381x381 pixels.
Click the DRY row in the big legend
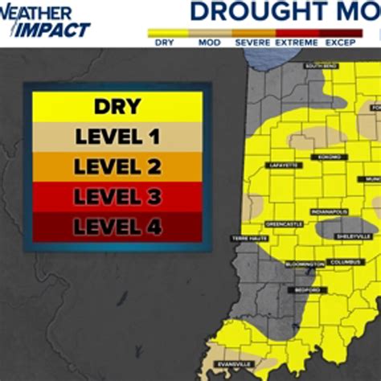(117, 106)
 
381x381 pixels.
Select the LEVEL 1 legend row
(117, 136)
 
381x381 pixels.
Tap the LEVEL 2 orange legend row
(117, 166)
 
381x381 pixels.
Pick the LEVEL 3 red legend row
(117, 196)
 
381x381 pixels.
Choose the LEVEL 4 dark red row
(117, 227)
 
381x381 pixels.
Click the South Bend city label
(320, 66)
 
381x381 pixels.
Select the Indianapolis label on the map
(330, 211)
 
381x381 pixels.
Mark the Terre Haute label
(245, 239)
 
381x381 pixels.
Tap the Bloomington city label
(304, 263)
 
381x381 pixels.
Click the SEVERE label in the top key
(252, 42)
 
